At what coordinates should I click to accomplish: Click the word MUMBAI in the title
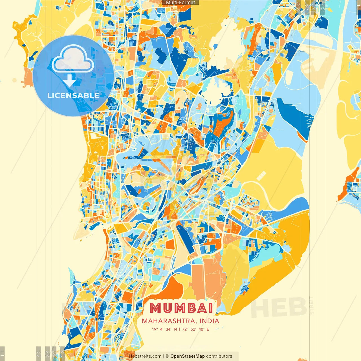click(x=181, y=308)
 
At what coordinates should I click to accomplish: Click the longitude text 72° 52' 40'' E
click(x=196, y=329)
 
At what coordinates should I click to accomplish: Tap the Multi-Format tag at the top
click(x=180, y=3)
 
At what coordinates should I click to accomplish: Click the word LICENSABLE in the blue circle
click(x=73, y=95)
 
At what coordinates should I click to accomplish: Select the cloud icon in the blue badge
click(x=73, y=59)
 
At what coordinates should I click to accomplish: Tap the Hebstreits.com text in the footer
click(x=145, y=356)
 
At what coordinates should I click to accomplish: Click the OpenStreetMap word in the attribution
click(x=187, y=356)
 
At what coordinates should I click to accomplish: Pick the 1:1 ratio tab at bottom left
click(x=2, y=353)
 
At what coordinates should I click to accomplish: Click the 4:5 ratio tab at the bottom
click(x=39, y=353)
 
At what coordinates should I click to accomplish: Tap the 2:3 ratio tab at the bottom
click(x=62, y=353)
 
